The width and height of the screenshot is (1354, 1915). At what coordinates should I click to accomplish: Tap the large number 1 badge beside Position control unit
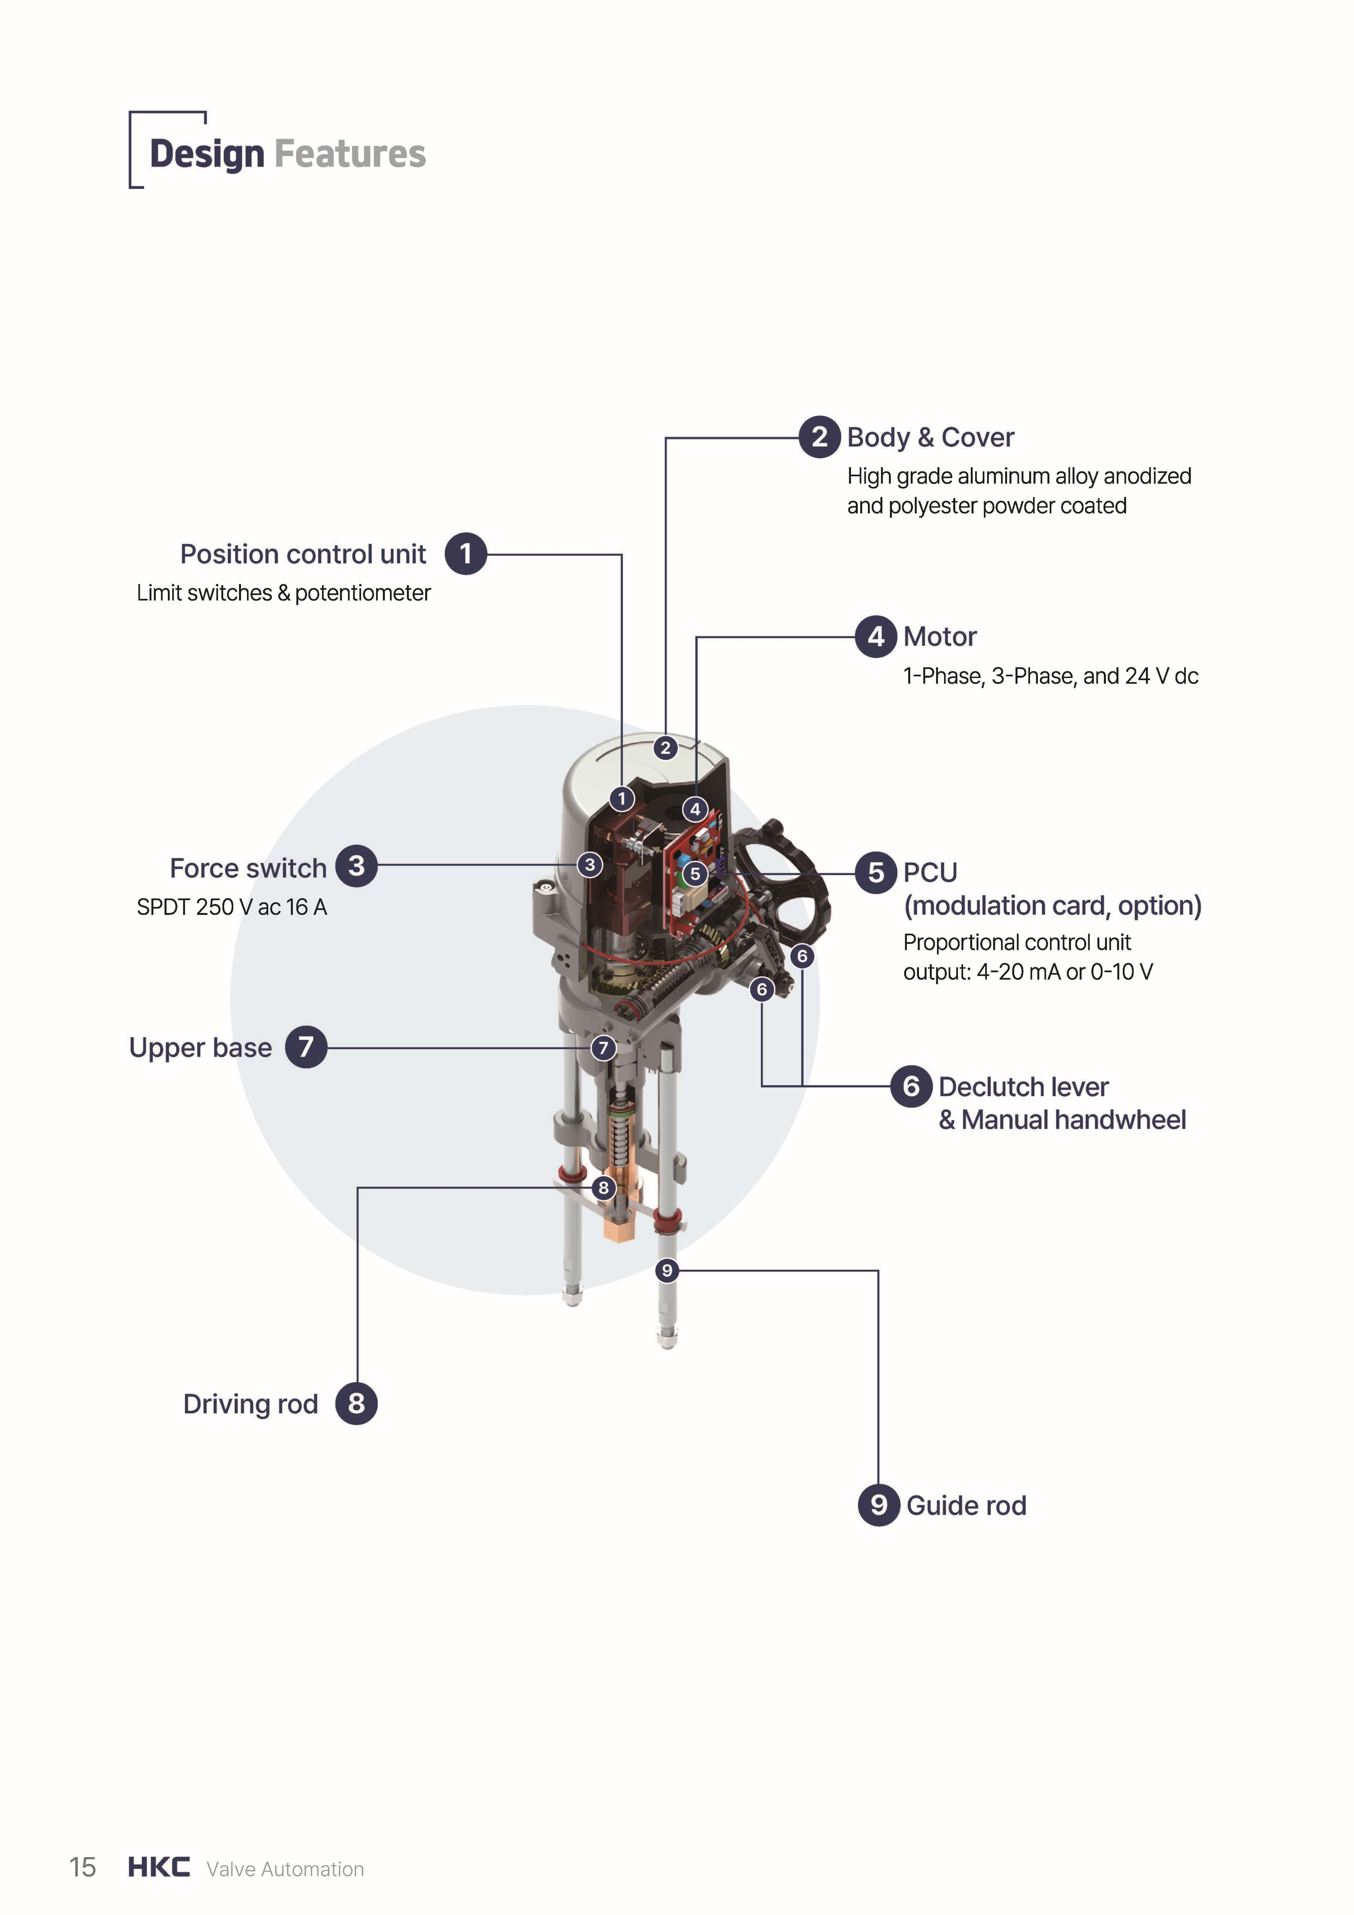click(465, 554)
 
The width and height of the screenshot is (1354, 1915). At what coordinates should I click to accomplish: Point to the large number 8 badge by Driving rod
click(356, 1404)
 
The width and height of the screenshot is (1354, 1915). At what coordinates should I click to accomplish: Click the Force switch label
click(248, 868)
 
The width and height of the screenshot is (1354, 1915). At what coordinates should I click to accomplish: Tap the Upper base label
click(200, 1048)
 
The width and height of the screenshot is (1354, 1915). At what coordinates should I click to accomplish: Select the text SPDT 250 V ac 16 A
click(232, 908)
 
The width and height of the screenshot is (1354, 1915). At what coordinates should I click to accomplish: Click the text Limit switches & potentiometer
click(284, 593)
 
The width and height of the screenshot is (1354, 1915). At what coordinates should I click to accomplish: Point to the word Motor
click(939, 636)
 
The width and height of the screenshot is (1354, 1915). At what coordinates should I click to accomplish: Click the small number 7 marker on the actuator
click(603, 1048)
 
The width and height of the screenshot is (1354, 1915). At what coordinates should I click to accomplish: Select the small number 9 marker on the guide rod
click(666, 1270)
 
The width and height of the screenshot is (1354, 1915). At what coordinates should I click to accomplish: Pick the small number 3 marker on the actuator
click(590, 864)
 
